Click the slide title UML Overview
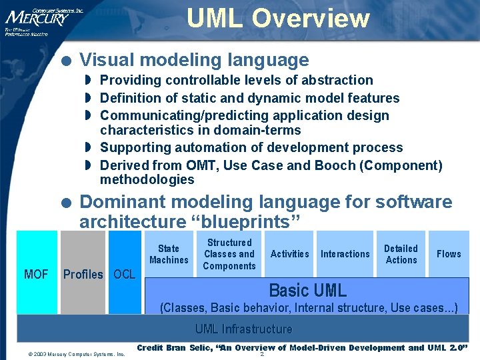[277, 18]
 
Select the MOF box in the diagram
[36, 273]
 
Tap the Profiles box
[83, 273]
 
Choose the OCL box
[125, 273]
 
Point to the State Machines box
[169, 254]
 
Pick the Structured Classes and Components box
[229, 254]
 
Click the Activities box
[289, 254]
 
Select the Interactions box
[345, 254]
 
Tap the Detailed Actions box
[401, 254]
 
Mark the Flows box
[449, 254]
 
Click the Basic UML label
[307, 291]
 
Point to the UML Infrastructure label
[243, 329]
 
